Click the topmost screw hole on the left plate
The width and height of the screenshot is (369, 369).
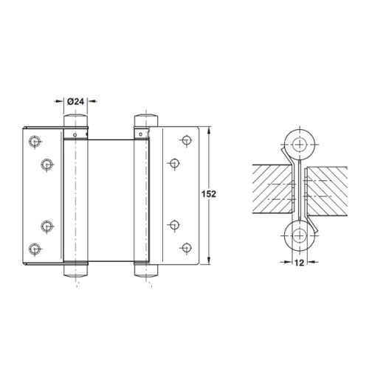[x=34, y=140]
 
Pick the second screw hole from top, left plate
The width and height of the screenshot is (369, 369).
[x=47, y=164]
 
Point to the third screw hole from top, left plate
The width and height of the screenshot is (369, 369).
[x=47, y=226]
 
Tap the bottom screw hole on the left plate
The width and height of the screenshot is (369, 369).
[x=34, y=249]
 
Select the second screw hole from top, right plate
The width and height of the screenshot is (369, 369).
[x=174, y=164]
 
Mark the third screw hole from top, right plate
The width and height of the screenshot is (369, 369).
[x=174, y=226]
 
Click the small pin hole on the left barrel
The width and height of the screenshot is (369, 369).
[x=75, y=135]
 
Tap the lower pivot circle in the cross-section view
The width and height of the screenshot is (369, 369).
[x=300, y=236]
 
